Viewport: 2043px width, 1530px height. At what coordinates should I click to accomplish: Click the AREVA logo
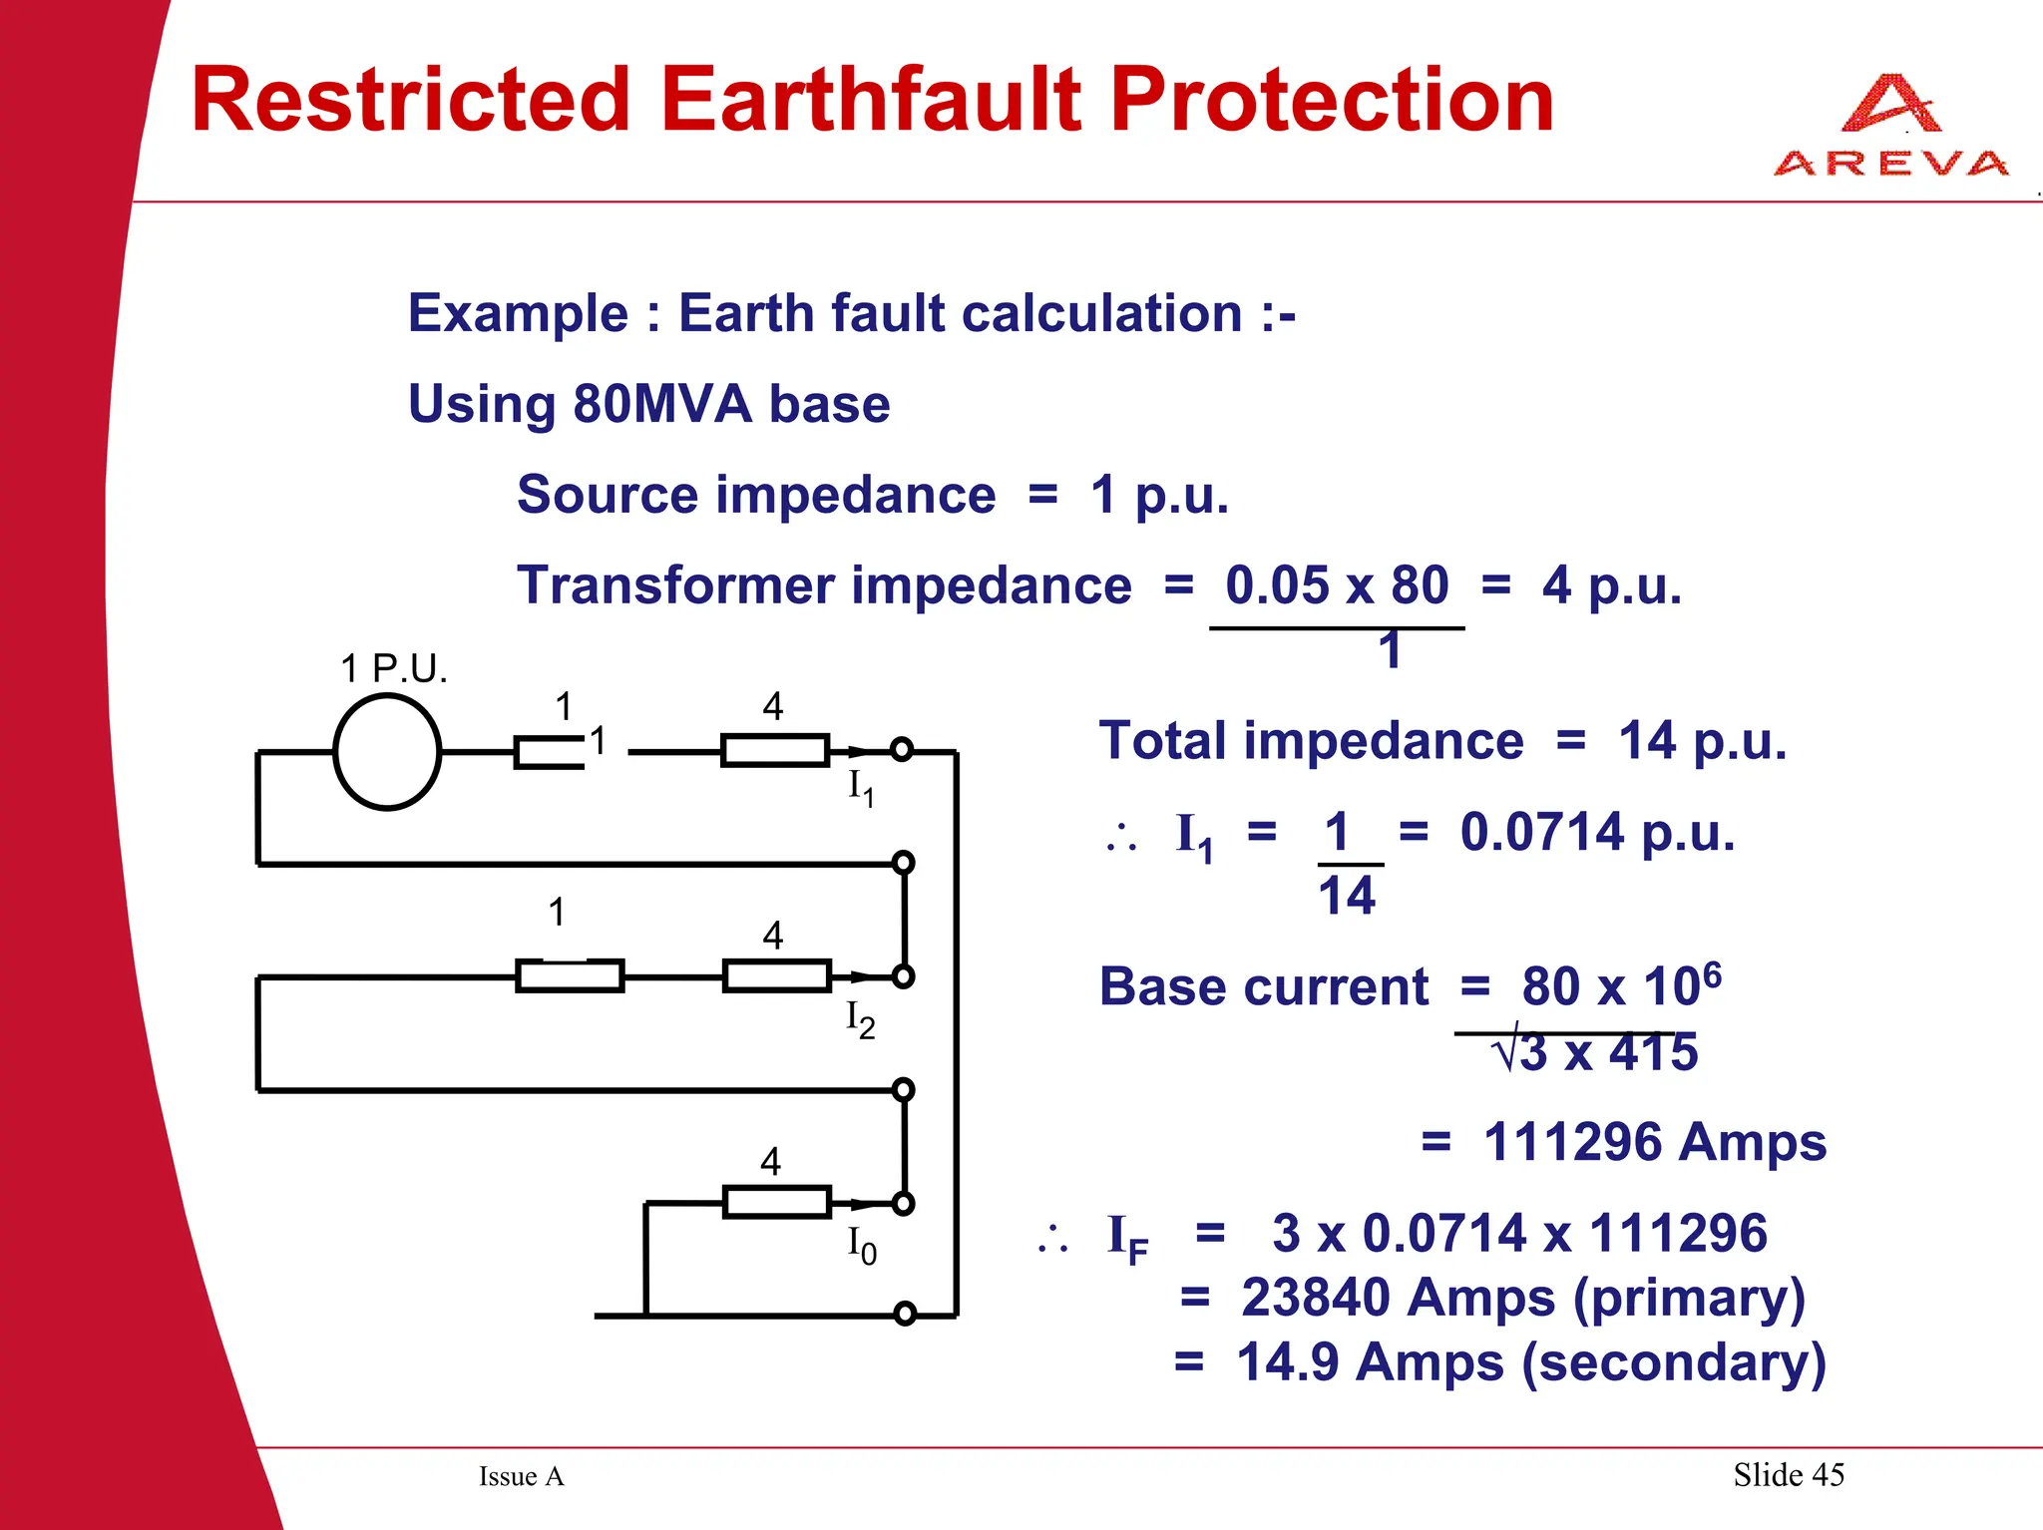pyautogui.click(x=1890, y=128)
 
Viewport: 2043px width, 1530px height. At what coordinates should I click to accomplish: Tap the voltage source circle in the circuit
pyautogui.click(x=387, y=752)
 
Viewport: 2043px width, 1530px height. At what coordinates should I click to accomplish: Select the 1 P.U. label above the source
pyautogui.click(x=393, y=668)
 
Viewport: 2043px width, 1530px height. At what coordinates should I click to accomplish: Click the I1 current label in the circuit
pyautogui.click(x=860, y=788)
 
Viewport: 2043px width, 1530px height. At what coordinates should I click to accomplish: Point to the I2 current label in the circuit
pyautogui.click(x=860, y=1019)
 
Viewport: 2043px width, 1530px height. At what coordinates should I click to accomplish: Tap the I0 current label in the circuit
pyautogui.click(x=861, y=1245)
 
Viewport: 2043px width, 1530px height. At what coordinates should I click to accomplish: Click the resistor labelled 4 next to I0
pyautogui.click(x=776, y=1202)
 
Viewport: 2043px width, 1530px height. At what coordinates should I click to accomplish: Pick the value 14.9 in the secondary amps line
pyautogui.click(x=1287, y=1362)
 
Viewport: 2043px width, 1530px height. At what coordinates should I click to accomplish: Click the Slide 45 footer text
pyautogui.click(x=1788, y=1474)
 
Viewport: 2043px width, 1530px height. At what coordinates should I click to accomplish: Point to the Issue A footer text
pyautogui.click(x=521, y=1476)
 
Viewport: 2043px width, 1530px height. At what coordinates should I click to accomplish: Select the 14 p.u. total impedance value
pyautogui.click(x=1701, y=741)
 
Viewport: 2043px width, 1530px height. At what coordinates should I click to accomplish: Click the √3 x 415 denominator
pyautogui.click(x=1594, y=1053)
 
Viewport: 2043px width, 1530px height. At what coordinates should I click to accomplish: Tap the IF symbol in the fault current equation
pyautogui.click(x=1127, y=1238)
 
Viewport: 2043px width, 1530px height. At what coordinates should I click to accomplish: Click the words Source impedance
pyautogui.click(x=755, y=495)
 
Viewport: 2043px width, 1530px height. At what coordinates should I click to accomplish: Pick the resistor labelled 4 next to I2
pyautogui.click(x=776, y=975)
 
